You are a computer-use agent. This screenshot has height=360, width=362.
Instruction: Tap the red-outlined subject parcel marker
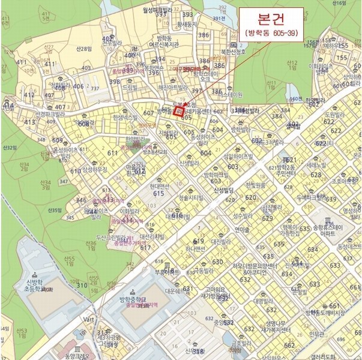tap(178, 110)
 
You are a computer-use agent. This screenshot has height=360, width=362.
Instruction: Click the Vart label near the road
tap(90, 320)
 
